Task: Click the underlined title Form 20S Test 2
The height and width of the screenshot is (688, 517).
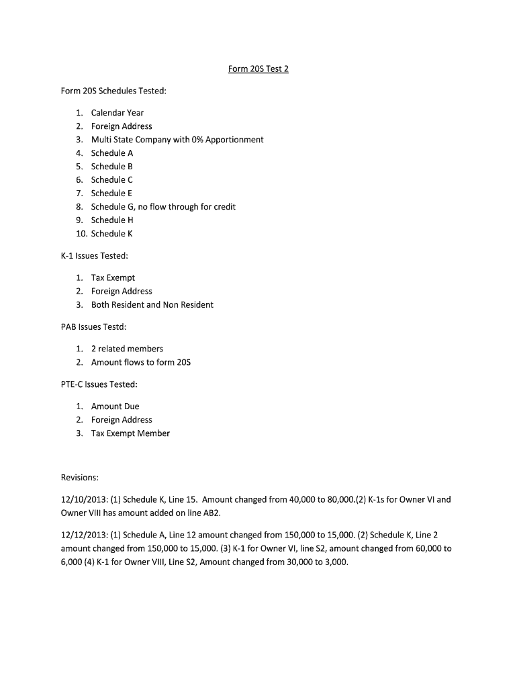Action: [258, 69]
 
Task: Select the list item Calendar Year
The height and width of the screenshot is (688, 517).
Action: [117, 113]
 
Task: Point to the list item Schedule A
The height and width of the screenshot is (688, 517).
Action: [111, 153]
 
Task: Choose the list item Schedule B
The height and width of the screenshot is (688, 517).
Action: [111, 167]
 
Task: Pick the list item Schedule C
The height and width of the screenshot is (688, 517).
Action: [111, 180]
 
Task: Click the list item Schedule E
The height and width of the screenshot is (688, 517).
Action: [111, 193]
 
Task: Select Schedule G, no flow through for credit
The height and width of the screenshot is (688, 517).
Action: [162, 207]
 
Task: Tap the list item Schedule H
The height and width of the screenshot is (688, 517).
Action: [112, 220]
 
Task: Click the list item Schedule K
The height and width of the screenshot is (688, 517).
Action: [111, 234]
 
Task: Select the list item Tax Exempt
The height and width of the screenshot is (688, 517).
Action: [113, 278]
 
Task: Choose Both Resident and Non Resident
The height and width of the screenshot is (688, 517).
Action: [152, 305]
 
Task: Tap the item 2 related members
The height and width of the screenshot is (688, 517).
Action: [127, 349]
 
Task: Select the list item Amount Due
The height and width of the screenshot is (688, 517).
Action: [115, 406]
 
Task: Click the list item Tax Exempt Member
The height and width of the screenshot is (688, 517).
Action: [130, 433]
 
